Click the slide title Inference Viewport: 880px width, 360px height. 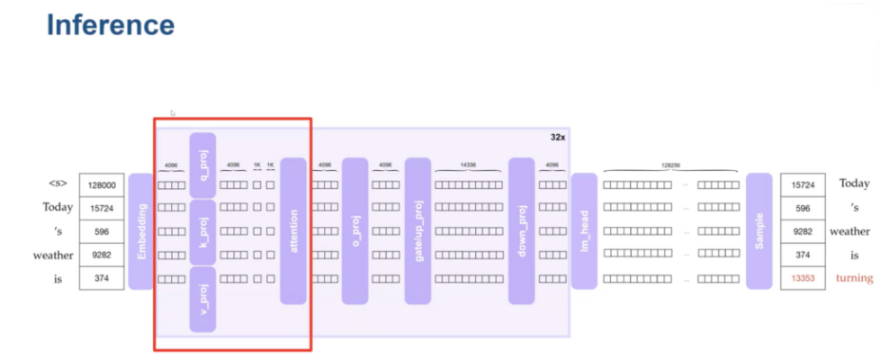[110, 24]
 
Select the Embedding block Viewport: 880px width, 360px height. [141, 231]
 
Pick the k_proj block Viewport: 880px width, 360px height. [202, 231]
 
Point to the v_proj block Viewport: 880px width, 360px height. [202, 299]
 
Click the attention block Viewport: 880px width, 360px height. [293, 231]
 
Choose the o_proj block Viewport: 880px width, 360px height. [355, 231]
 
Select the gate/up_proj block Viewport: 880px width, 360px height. [418, 231]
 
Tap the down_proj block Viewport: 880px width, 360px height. [522, 231]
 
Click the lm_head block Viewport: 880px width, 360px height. [584, 231]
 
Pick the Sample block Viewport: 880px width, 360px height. [759, 231]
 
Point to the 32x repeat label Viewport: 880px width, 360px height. [558, 138]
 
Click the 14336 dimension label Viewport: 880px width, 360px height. [468, 165]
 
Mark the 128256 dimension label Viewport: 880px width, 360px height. [670, 165]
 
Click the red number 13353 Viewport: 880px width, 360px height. [803, 279]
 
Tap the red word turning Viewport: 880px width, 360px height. [854, 278]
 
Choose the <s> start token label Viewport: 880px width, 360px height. [58, 184]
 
